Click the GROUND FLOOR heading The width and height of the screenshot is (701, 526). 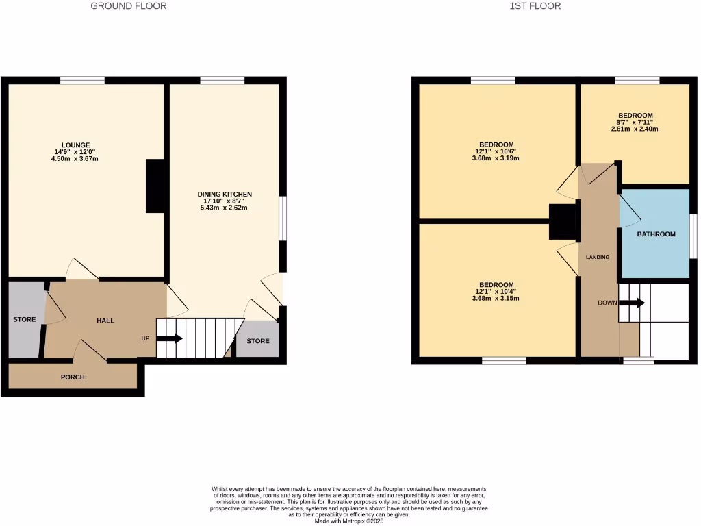(129, 6)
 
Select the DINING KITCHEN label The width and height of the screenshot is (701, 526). (225, 195)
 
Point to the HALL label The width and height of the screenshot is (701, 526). (105, 321)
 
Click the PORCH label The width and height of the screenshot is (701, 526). (73, 377)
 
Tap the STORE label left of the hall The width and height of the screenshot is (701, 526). (25, 319)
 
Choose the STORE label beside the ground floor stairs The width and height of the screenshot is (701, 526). (258, 341)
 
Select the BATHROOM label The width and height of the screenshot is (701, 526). (656, 234)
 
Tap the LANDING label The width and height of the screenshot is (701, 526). (598, 258)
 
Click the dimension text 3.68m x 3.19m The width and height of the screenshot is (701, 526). (496, 158)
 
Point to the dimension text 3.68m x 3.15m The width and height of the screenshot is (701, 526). (496, 298)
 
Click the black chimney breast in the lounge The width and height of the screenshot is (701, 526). (156, 186)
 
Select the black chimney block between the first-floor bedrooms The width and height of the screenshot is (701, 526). (563, 222)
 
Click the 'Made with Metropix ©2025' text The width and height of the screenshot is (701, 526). (350, 520)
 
